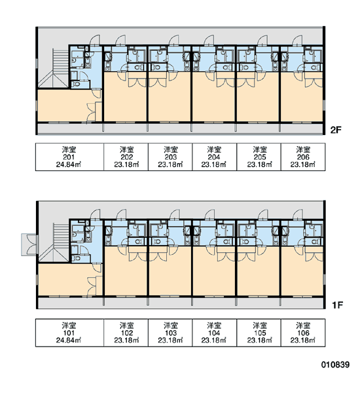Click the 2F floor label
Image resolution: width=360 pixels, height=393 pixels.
336,130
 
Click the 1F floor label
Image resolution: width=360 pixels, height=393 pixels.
337,305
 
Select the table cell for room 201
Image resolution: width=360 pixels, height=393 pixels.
69,157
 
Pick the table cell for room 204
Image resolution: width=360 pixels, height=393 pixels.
214,157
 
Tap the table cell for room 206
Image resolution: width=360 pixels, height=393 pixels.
303,157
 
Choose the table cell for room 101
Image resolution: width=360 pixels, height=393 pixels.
69,333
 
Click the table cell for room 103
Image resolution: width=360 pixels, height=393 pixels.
170,333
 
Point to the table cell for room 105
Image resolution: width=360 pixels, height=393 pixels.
259,333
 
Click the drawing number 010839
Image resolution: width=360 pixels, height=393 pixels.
335,364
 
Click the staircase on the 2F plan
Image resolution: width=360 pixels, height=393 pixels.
60,63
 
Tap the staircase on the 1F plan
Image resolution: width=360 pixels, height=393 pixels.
60,237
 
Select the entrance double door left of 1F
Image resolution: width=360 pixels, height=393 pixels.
29,244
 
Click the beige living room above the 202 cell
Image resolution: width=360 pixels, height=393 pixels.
125,100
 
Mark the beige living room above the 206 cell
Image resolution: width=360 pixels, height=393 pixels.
302,100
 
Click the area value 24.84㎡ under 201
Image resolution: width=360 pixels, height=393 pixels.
69,164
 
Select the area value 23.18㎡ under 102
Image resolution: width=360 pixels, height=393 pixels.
126,341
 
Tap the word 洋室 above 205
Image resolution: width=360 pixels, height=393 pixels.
260,149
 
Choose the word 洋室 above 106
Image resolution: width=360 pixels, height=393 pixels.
303,326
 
